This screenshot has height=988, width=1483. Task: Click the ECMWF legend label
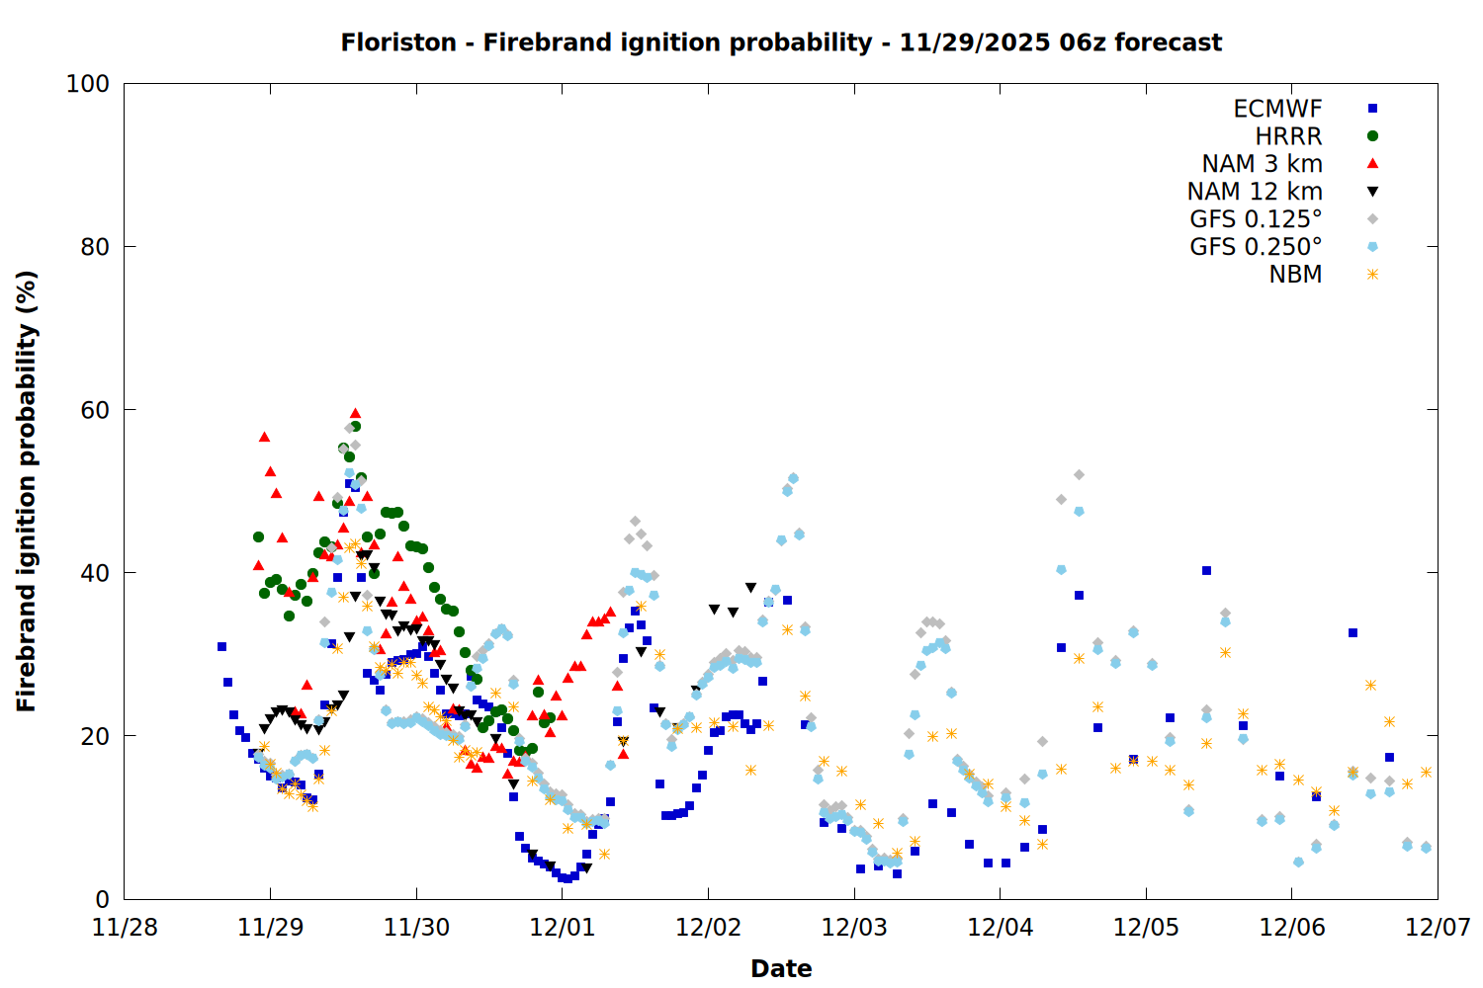tap(1277, 109)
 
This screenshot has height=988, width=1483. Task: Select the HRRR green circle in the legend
tap(1372, 136)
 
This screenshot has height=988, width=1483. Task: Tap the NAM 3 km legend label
tap(1262, 164)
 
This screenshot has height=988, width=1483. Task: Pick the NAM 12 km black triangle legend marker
tap(1372, 192)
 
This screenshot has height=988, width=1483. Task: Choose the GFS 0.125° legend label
tap(1256, 219)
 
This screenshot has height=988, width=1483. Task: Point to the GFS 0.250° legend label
tap(1256, 247)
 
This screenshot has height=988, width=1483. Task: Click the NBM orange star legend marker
tap(1372, 275)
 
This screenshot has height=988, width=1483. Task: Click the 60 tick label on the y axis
tap(95, 410)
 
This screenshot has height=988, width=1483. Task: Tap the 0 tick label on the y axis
tap(102, 899)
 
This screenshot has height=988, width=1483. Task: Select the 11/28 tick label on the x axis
tap(125, 928)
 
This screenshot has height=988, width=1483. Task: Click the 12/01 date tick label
tap(563, 928)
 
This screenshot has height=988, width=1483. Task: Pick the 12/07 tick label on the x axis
tap(1438, 928)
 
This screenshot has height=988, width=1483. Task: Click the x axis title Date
tap(781, 969)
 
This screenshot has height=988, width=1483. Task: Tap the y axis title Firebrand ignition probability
tap(27, 491)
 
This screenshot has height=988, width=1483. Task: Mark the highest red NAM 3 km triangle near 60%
tap(355, 414)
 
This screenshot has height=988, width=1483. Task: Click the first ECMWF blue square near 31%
tap(221, 646)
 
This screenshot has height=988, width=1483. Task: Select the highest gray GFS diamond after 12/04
tap(1079, 475)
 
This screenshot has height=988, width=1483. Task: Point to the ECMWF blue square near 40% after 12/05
tap(1206, 570)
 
